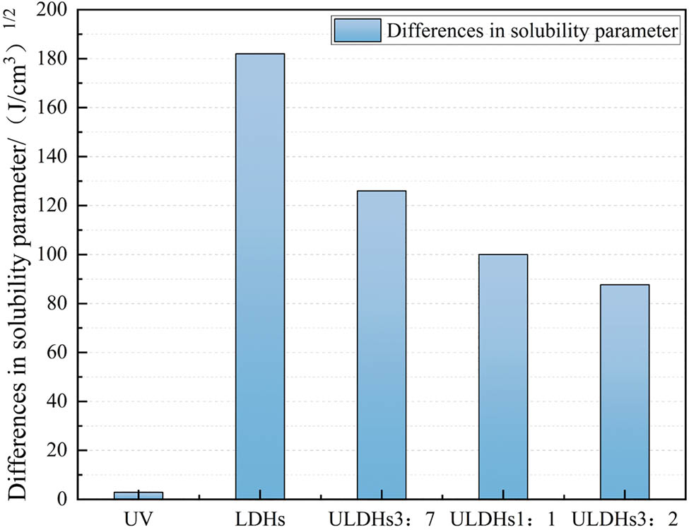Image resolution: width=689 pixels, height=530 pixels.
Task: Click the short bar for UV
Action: [139, 495]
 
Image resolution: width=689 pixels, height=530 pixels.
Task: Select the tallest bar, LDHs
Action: [260, 276]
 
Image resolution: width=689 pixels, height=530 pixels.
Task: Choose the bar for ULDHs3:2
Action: [624, 391]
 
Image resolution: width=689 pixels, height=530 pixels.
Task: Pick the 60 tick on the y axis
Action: [60, 353]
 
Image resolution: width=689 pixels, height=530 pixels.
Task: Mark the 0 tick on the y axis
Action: [64, 500]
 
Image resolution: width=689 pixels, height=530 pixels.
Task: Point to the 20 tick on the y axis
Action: [60, 451]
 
